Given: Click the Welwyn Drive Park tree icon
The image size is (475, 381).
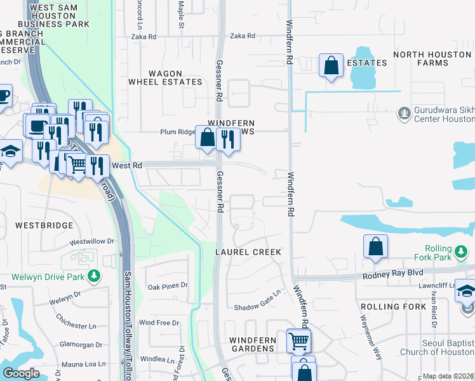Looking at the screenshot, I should tap(94, 276).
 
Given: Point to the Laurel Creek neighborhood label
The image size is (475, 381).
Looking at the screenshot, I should tap(248, 252).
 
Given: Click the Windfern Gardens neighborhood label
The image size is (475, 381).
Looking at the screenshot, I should tap(252, 344).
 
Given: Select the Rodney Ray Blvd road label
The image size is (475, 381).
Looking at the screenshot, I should tap(392, 275).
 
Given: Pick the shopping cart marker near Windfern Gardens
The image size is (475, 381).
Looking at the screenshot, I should tap(298, 340).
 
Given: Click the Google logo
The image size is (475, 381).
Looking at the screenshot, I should tap(21, 373).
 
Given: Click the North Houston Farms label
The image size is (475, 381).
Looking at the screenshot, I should tap(432, 58).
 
